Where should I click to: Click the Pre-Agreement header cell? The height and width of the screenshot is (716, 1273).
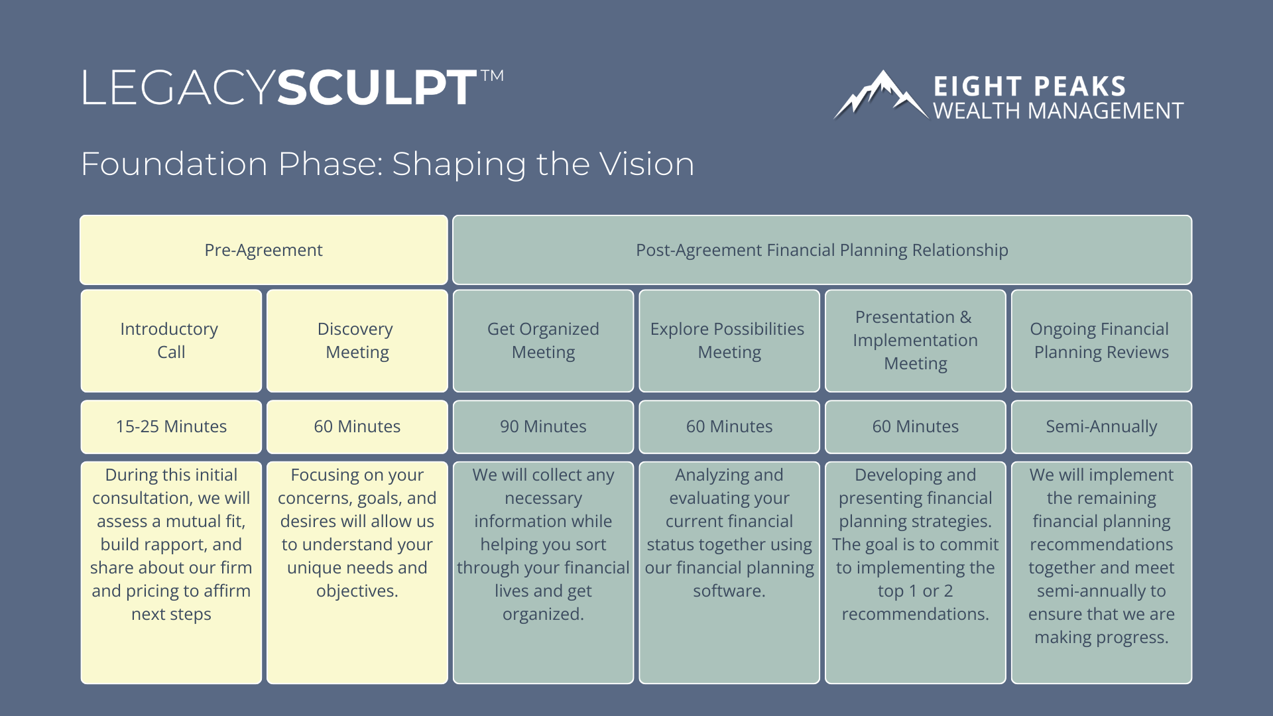coord(263,250)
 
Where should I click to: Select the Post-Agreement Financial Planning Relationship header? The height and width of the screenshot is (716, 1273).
coord(821,250)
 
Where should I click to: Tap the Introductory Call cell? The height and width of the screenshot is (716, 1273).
coord(170,341)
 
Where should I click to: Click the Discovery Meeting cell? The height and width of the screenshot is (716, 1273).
coord(357,341)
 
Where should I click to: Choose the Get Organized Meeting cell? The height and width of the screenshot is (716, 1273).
coord(543,341)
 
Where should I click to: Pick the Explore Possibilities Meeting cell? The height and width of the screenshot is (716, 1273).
coord(729,341)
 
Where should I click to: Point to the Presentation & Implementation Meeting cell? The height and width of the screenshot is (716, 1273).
coord(915,341)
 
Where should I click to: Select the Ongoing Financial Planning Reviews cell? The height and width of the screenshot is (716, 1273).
coord(1101,341)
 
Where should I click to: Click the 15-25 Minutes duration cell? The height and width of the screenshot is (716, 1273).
coord(170,426)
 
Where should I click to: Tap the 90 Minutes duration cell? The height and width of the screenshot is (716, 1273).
coord(543,426)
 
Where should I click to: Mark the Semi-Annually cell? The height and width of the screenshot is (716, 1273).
coord(1101,426)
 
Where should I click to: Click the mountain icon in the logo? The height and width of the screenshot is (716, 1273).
coord(880,96)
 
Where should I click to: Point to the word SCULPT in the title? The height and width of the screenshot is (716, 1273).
coord(377,88)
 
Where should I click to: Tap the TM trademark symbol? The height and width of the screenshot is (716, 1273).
coord(492,76)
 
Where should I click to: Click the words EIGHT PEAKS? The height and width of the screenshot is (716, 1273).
coord(1030,87)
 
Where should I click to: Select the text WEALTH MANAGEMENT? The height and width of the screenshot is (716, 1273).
coord(1058,111)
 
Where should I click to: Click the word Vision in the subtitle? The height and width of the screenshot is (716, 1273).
coord(646,164)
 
